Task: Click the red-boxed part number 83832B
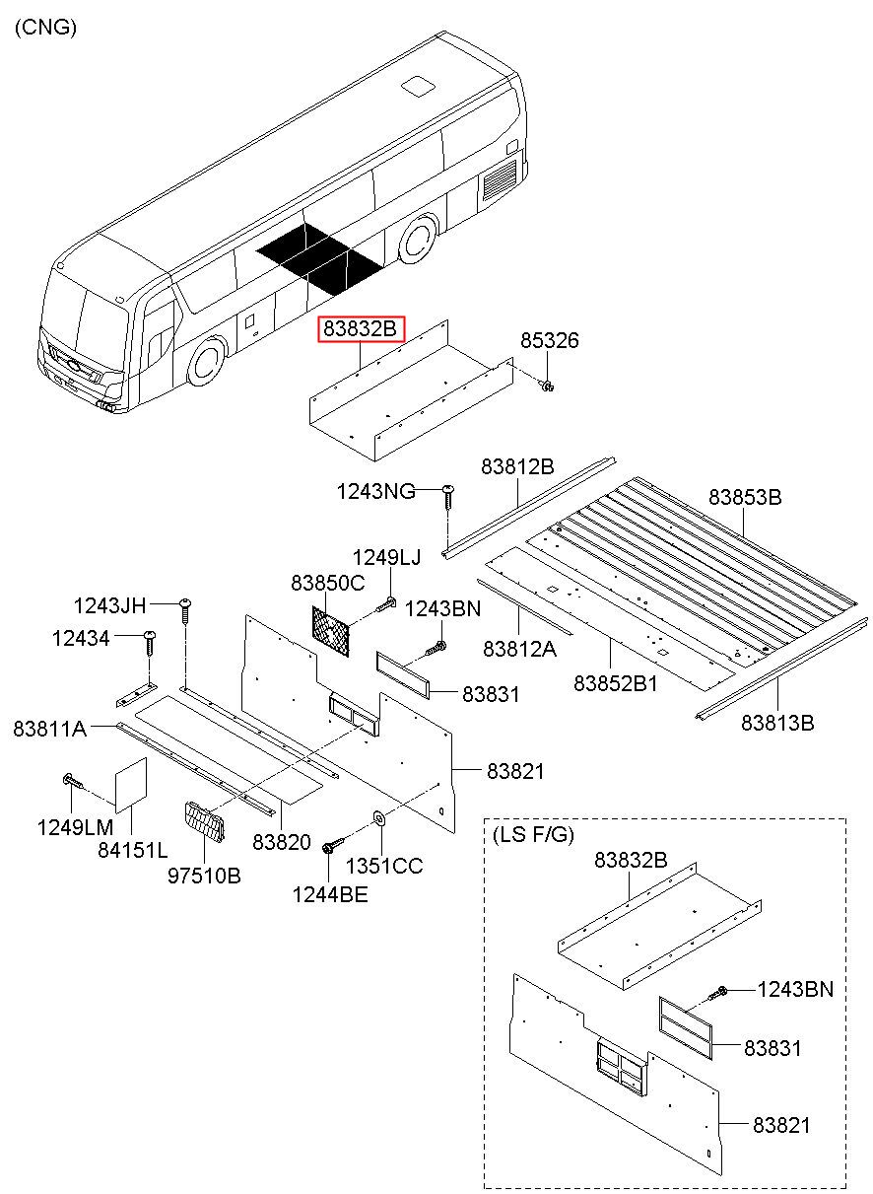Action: [x=362, y=328]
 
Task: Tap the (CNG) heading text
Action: [x=45, y=27]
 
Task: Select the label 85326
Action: [x=549, y=340]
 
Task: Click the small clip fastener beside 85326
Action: [x=547, y=385]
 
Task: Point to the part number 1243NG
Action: [x=375, y=490]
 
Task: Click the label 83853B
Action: [x=745, y=497]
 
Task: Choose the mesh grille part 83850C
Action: [x=331, y=631]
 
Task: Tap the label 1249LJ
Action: [x=386, y=557]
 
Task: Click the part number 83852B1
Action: [x=615, y=683]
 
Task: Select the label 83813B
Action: [x=777, y=723]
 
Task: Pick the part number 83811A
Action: [x=49, y=729]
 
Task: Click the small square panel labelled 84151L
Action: [x=131, y=785]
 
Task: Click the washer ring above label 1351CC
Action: [x=380, y=816]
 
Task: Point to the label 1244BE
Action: [x=330, y=894]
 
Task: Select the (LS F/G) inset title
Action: [x=533, y=834]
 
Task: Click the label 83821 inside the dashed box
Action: [x=781, y=1125]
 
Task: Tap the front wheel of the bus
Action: [x=207, y=363]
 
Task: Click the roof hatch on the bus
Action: [x=418, y=87]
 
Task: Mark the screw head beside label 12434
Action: [x=150, y=635]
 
